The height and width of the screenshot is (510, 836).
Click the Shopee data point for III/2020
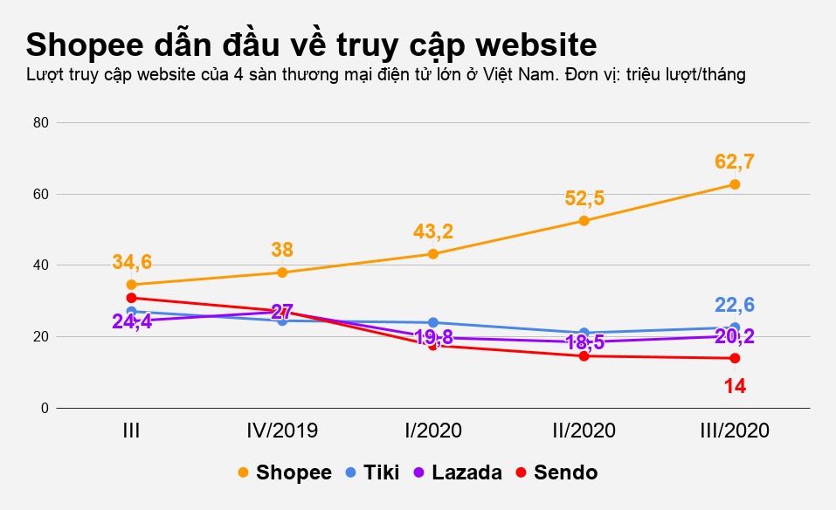pyautogui.click(x=735, y=184)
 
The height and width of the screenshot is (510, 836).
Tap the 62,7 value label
pyautogui.click(x=735, y=162)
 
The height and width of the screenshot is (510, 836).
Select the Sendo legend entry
pyautogui.click(x=556, y=472)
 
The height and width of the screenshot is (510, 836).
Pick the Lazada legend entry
pyautogui.click(x=459, y=472)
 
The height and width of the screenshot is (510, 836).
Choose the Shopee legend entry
pyautogui.click(x=285, y=472)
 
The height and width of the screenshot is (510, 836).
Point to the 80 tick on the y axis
pyautogui.click(x=40, y=122)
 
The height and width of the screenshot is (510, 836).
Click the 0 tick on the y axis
pyautogui.click(x=44, y=408)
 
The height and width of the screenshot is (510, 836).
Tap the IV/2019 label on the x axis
pyautogui.click(x=282, y=431)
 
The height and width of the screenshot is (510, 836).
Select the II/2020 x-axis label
pyautogui.click(x=584, y=431)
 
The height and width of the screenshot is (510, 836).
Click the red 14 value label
pyautogui.click(x=735, y=385)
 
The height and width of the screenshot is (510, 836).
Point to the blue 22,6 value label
pyautogui.click(x=735, y=305)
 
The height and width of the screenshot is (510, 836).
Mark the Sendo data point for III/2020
pyautogui.click(x=735, y=358)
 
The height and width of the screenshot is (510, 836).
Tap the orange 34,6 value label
pyautogui.click(x=132, y=261)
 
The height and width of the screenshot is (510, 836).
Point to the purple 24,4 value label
pyautogui.click(x=132, y=321)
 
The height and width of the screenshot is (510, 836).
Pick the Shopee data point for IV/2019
pyautogui.click(x=282, y=272)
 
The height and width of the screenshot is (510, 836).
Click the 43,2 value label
pyautogui.click(x=433, y=231)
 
